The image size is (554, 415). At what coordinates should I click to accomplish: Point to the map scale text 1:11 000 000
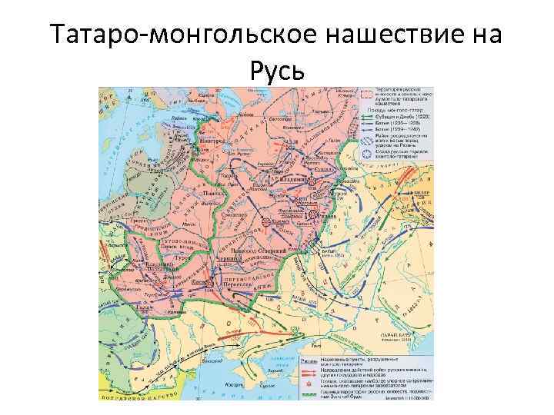tap(416, 397)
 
